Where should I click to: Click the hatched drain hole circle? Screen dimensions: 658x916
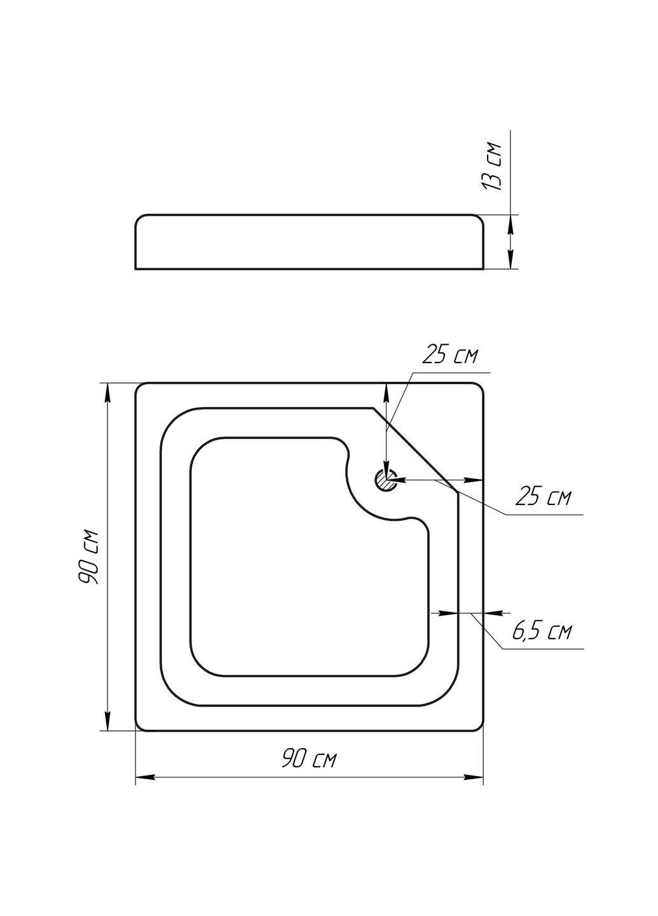[385, 480]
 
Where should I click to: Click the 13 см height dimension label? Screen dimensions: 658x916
[491, 166]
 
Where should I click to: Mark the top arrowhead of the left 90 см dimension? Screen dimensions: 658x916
[107, 393]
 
